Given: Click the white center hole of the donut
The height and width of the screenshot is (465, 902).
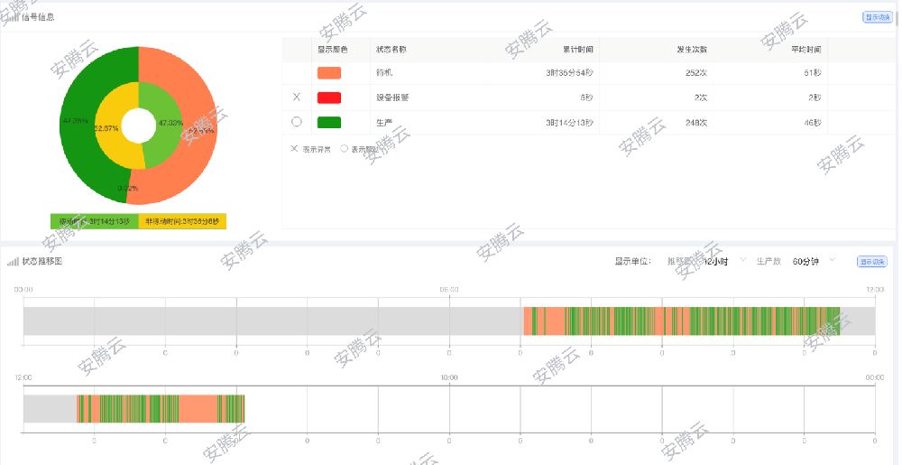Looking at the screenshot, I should click(138, 125).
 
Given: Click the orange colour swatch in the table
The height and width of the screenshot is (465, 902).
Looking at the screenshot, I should click(329, 72).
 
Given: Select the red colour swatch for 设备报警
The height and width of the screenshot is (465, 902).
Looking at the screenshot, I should click(329, 98).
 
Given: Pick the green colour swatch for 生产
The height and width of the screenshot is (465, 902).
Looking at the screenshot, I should click(329, 123).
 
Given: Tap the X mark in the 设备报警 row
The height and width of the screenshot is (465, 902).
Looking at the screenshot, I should click(297, 98).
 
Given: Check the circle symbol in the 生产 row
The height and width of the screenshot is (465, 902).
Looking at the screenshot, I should click(297, 123).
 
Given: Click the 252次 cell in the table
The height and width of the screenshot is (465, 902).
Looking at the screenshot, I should click(695, 72).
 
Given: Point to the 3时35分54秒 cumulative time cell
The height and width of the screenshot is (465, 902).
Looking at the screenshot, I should click(569, 72).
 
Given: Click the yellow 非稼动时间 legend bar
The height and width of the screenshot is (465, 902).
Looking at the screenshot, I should click(182, 221).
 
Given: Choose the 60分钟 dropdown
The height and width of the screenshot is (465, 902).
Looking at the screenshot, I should click(812, 261).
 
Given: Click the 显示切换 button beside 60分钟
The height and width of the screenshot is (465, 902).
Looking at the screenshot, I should click(871, 262).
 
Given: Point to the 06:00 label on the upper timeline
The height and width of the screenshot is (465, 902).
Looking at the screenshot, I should click(449, 289).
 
